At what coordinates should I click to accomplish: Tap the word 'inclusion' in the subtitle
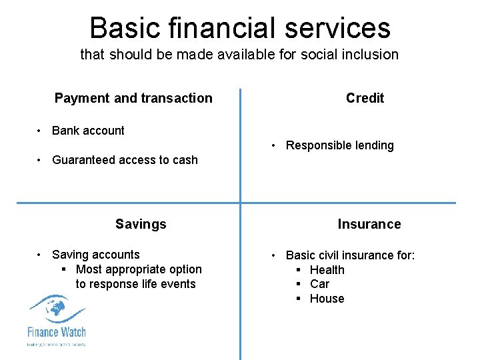[371, 55]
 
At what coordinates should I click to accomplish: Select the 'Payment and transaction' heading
[133, 98]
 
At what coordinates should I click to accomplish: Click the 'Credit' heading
[365, 98]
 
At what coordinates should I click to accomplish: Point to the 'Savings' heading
[141, 224]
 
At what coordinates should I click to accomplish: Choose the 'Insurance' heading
[369, 224]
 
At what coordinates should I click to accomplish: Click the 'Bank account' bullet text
[88, 131]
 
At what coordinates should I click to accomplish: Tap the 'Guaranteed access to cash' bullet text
[125, 160]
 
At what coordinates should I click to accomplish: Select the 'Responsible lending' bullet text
[339, 145]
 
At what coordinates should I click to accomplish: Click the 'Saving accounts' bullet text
[96, 255]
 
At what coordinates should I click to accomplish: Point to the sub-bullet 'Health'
[327, 270]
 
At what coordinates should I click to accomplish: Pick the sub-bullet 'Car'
[320, 284]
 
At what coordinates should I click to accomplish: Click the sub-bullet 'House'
[327, 299]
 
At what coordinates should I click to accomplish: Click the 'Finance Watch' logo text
[57, 331]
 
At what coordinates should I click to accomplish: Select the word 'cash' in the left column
[185, 160]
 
